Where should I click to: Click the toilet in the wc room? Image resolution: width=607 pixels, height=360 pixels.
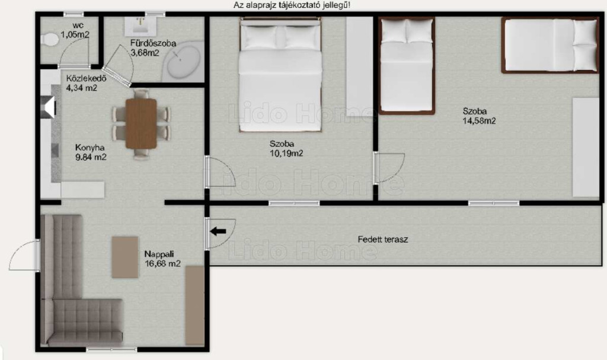[49, 40]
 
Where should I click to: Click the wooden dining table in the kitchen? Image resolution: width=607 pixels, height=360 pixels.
[141, 123]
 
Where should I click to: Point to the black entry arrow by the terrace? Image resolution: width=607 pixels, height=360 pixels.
[218, 232]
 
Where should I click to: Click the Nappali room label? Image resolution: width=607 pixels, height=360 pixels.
[159, 254]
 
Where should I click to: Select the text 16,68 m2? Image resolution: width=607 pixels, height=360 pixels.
[162, 264]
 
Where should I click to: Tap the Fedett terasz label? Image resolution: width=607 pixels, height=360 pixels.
[383, 240]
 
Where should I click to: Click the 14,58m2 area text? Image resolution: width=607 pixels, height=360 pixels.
[479, 121]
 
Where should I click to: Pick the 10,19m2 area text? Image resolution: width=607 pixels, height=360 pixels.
[286, 154]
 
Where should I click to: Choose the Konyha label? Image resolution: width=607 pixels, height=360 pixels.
[90, 148]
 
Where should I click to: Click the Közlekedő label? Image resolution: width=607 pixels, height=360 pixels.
[86, 78]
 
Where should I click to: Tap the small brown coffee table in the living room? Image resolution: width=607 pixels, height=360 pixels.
[125, 257]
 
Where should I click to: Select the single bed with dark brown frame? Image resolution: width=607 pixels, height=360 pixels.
[407, 66]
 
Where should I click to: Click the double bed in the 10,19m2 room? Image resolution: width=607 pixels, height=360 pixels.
[280, 74]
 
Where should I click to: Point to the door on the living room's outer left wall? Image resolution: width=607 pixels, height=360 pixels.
[24, 255]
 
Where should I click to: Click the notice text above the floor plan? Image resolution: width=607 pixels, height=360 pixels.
[292, 5]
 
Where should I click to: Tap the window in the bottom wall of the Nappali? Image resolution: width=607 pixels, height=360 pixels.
[111, 350]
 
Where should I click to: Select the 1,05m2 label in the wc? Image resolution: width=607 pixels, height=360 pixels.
[75, 35]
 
